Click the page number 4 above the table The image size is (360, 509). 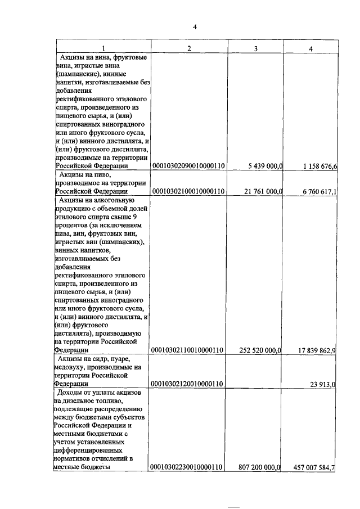pyautogui.click(x=195, y=27)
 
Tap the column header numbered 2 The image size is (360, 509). pyautogui.click(x=189, y=49)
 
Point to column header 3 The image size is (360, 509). pyautogui.click(x=256, y=49)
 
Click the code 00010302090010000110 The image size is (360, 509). pyautogui.click(x=189, y=166)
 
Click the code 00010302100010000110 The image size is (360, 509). pyautogui.click(x=189, y=191)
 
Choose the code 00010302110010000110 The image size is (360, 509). pyautogui.click(x=189, y=350)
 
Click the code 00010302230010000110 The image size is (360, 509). pyautogui.click(x=189, y=467)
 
